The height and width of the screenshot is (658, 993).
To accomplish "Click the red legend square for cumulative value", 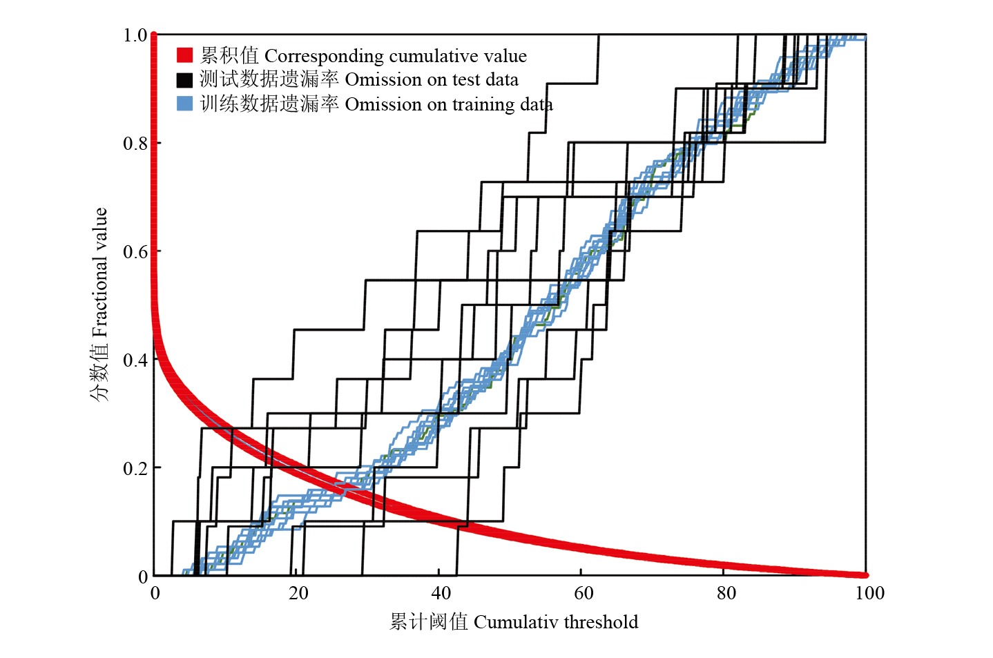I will click(184, 55).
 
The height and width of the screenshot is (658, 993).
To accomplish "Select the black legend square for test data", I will click(184, 79).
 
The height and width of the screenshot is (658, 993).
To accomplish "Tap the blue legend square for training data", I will click(184, 104).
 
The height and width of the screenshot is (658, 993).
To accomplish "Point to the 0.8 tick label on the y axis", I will click(135, 144).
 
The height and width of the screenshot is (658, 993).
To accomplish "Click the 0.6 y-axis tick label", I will click(135, 252).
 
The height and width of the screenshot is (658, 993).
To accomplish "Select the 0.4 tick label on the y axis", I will click(135, 360).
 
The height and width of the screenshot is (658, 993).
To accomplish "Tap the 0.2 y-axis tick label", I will click(135, 468).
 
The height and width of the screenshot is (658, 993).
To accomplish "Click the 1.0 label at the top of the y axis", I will click(135, 35).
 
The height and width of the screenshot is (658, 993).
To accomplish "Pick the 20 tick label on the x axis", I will click(298, 593).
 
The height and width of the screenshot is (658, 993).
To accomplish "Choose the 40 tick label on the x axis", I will click(441, 593).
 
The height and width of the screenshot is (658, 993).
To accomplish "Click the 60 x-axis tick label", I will click(584, 593).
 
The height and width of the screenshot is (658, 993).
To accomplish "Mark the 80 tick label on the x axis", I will click(726, 593).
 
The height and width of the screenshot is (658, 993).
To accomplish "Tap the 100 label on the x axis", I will click(869, 593).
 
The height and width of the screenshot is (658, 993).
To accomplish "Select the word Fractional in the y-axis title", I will click(101, 302).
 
